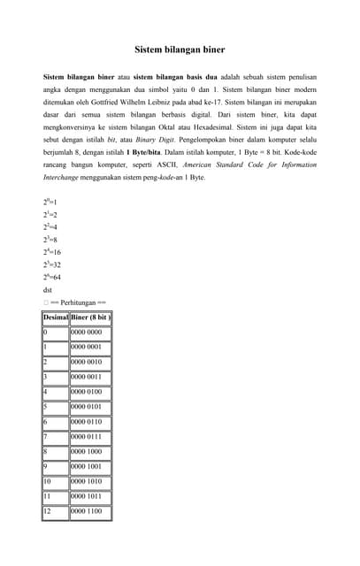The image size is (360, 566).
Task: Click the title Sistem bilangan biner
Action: pos(180,50)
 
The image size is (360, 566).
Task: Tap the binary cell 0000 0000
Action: pos(87,333)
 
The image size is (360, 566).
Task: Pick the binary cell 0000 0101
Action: pos(87,408)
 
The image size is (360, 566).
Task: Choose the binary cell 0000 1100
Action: pos(87,511)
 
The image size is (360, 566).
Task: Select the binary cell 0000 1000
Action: pos(87,452)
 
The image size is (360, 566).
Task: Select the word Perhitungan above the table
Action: pos(83,302)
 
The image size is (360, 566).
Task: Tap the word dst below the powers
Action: pos(48,289)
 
